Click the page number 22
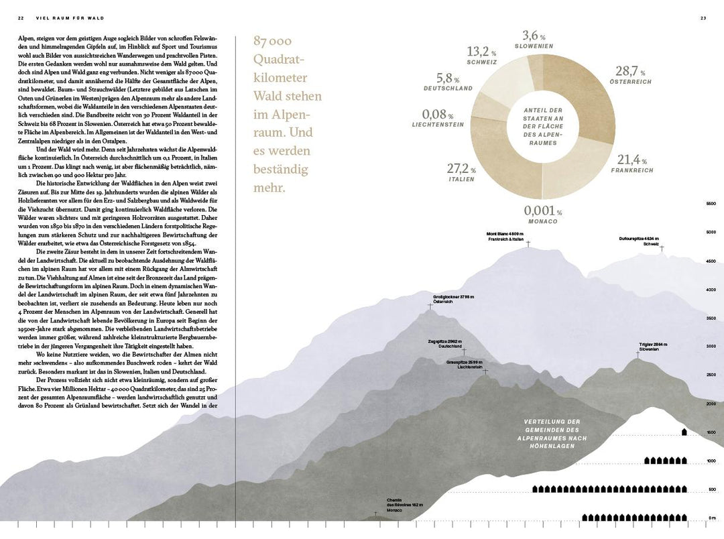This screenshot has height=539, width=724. [21, 17]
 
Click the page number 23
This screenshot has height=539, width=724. [703, 17]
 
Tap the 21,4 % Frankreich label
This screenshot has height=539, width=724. [631, 164]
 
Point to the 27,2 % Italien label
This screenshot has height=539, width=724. [461, 172]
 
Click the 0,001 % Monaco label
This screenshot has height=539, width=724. [542, 215]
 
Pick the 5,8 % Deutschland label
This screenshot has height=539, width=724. [448, 82]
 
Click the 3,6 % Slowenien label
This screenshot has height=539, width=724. [534, 39]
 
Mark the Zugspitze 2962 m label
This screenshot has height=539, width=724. [444, 343]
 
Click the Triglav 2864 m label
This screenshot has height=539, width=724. [653, 347]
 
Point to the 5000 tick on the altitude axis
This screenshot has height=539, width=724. [711, 232]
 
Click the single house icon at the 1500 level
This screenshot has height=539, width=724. [684, 432]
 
